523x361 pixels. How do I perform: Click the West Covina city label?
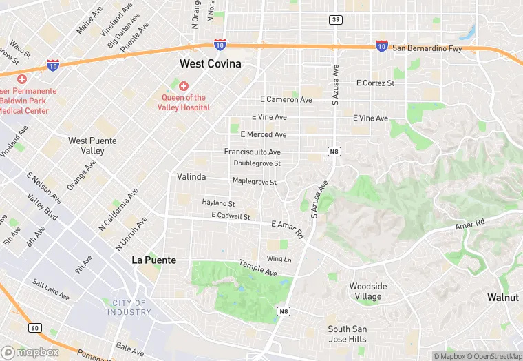point(211,63)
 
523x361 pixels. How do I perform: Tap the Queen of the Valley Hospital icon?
point(183,86)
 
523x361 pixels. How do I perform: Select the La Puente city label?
point(154,260)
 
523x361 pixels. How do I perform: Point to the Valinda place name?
point(191,177)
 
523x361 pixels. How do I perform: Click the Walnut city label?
point(502,298)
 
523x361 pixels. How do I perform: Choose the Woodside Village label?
point(368,291)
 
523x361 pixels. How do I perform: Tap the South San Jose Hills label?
point(348,334)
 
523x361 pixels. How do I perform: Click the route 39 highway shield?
point(336,19)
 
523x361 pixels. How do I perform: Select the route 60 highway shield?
point(35,327)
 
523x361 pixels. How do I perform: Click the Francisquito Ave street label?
point(253,152)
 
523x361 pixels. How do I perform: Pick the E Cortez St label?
point(375,83)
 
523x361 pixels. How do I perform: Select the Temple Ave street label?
point(258,268)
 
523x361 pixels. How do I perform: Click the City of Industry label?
point(129,307)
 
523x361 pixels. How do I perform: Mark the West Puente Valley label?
point(92,145)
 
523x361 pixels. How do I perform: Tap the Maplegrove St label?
point(254,182)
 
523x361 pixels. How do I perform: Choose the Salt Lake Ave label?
point(51,289)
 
